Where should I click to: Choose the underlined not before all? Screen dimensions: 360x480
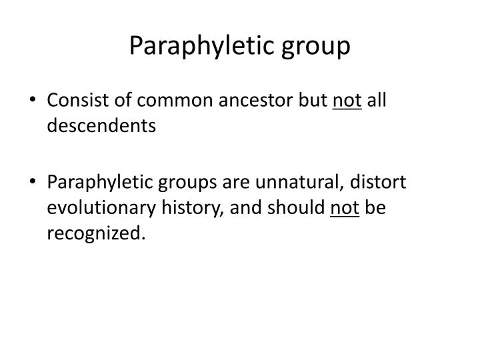click(347, 101)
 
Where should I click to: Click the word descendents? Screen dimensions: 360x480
click(101, 125)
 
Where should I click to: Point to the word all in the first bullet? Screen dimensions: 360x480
click(377, 101)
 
